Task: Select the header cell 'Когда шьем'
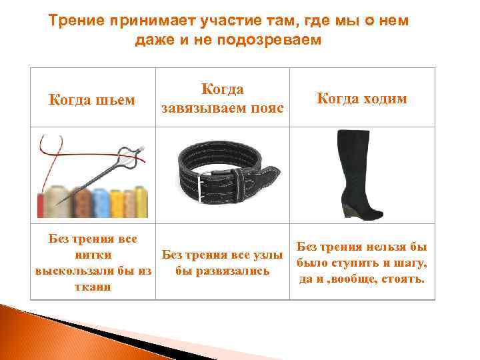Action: pos(93,100)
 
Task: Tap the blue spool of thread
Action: pos(101,201)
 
